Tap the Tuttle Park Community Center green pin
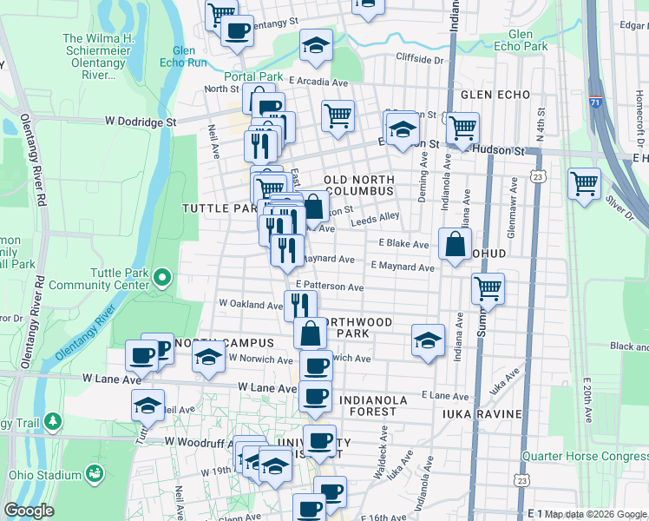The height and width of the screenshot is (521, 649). (162, 279)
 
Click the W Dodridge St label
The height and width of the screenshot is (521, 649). (141, 122)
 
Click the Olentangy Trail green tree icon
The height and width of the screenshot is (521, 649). (54, 421)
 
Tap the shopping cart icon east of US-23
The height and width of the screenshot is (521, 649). (585, 183)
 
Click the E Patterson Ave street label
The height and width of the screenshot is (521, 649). (329, 286)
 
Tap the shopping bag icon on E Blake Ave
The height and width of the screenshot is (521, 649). (456, 244)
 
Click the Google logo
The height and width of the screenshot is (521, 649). (29, 511)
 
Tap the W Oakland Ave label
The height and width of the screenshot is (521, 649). (251, 304)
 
